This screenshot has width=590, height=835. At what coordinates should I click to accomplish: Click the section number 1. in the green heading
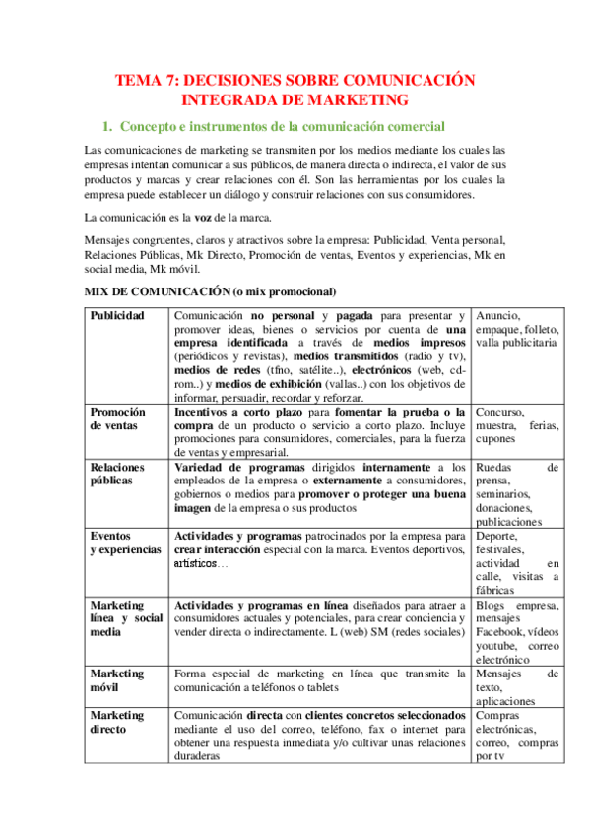coord(108,126)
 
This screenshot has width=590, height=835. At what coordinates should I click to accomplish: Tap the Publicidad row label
coord(116,315)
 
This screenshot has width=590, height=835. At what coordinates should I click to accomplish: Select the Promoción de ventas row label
coord(117,418)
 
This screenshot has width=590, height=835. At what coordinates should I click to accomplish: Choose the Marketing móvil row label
coord(116,680)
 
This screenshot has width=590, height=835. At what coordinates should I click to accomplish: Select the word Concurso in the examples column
coord(499,412)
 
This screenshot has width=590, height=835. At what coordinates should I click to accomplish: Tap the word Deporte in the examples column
coord(497,535)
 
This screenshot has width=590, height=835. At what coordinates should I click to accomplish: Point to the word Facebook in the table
coord(500,632)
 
